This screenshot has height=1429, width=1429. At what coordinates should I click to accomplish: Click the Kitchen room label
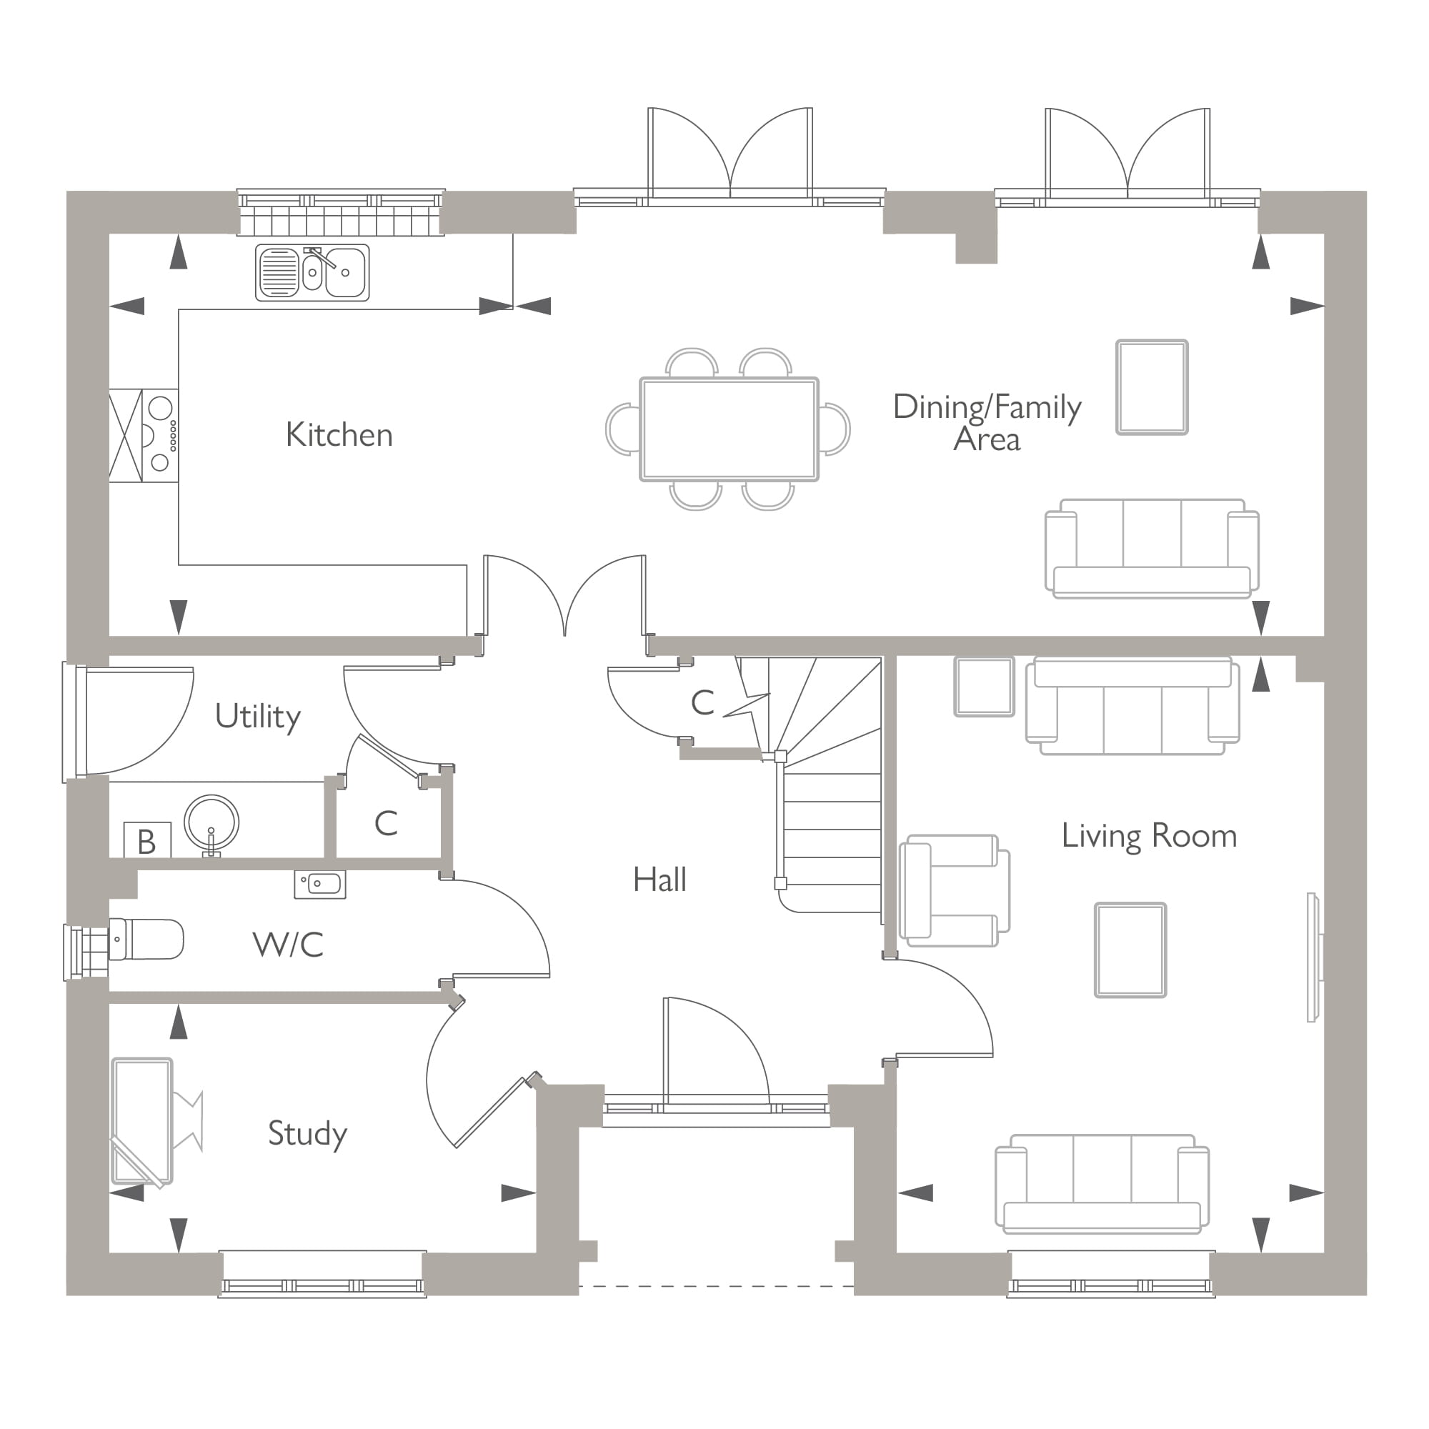click(x=339, y=435)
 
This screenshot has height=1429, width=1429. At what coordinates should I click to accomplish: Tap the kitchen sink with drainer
click(x=312, y=272)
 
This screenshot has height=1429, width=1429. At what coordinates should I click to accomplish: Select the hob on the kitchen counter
click(x=160, y=436)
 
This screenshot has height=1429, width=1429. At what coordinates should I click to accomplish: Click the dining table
click(x=729, y=429)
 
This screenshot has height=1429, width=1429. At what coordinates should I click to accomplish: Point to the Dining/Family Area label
click(x=987, y=422)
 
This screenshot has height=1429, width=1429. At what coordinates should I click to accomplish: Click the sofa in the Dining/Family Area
click(x=1151, y=548)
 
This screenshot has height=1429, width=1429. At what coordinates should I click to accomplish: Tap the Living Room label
click(x=1149, y=836)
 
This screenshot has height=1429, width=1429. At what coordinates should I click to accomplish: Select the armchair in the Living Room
click(x=952, y=890)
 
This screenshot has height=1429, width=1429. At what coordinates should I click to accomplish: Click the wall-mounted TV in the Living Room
click(x=1312, y=957)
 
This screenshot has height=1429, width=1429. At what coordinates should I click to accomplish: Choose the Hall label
click(x=659, y=880)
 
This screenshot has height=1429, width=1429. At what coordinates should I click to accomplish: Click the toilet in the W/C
click(x=146, y=939)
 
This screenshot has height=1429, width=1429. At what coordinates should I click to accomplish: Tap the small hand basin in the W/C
click(x=320, y=883)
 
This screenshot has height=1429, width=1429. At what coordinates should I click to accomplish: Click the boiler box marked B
click(x=146, y=841)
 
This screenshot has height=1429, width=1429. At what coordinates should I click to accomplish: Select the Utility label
click(x=257, y=716)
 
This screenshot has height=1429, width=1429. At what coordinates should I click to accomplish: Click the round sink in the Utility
click(x=211, y=822)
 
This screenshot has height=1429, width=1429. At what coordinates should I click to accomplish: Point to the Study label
click(x=307, y=1132)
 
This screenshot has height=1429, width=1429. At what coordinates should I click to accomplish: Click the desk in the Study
click(x=142, y=1120)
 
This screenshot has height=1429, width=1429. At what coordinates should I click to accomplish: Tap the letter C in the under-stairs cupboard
click(x=702, y=702)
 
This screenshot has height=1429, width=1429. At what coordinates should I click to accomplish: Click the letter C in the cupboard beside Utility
click(x=386, y=822)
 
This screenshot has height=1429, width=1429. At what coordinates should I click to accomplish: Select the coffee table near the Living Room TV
click(x=1130, y=950)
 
